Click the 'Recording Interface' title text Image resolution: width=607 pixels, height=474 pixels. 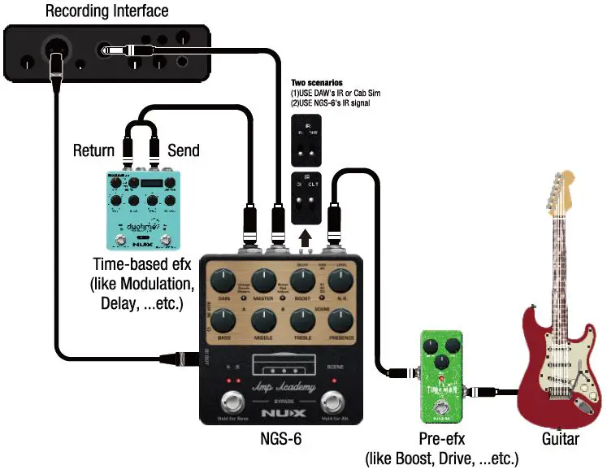click(x=106, y=11)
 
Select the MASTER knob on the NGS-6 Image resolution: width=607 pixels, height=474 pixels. click(x=263, y=281)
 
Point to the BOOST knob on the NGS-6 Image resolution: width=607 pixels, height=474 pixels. click(x=303, y=281)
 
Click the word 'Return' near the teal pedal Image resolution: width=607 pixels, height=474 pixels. click(x=93, y=151)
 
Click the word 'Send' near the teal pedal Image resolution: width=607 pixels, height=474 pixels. click(x=184, y=151)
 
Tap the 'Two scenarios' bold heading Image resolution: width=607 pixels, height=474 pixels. click(x=317, y=83)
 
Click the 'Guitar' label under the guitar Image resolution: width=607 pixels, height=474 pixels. click(x=561, y=439)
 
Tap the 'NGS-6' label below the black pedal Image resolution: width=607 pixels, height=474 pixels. click(x=281, y=439)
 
